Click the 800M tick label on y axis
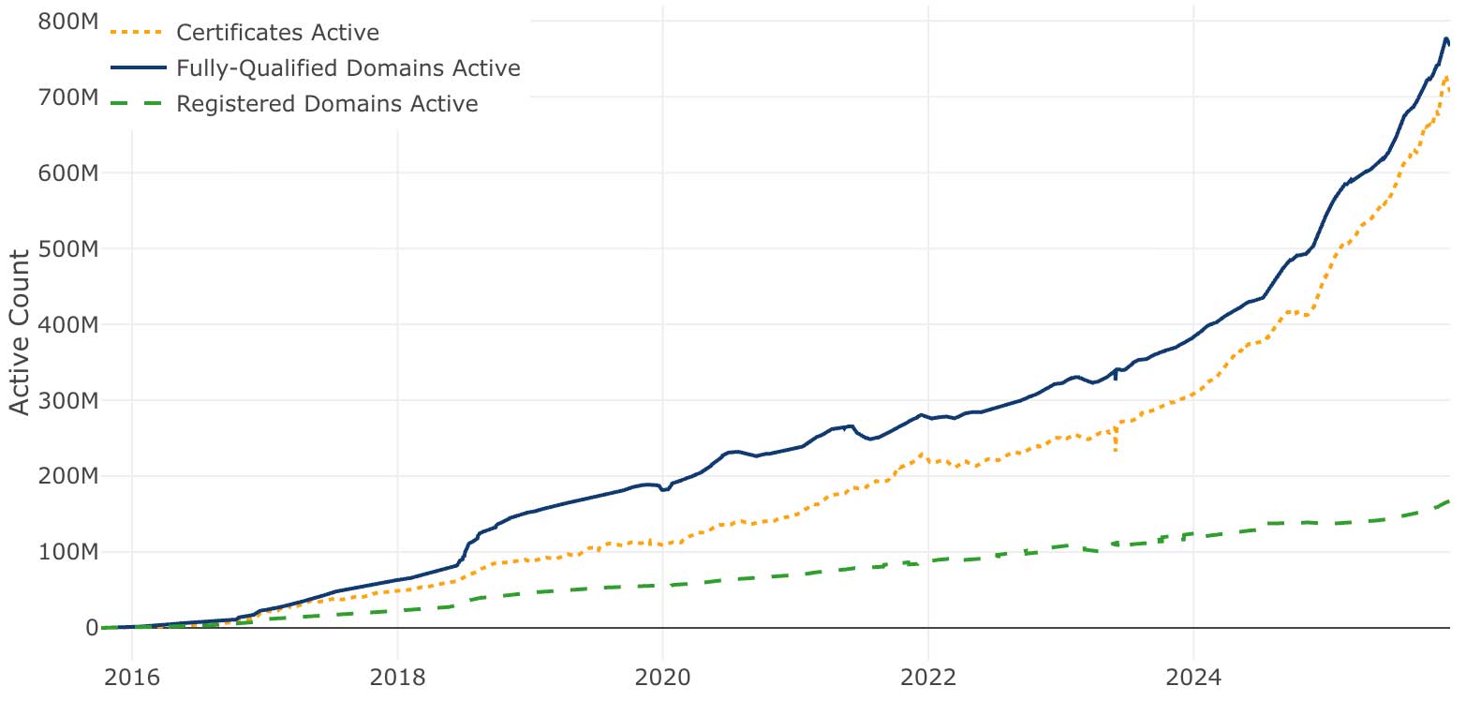coord(67,22)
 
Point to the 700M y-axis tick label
coord(67,97)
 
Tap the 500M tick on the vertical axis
coord(67,249)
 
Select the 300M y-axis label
coord(67,401)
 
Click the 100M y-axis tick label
coord(67,552)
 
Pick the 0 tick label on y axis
coord(91,628)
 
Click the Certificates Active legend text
coord(277,33)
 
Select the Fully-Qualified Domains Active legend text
coord(348,68)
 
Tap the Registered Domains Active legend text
coord(327,103)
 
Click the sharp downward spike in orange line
coord(1115,451)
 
